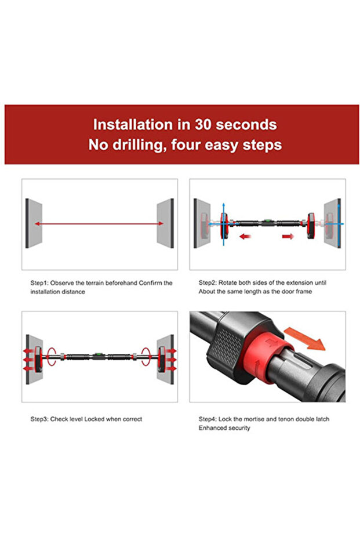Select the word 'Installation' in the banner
(x=133, y=125)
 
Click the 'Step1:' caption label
(x=40, y=283)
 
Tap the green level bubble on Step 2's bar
(x=267, y=220)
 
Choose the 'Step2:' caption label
(x=208, y=283)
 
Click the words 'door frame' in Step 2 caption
(x=296, y=291)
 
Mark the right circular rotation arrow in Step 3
(x=146, y=356)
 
